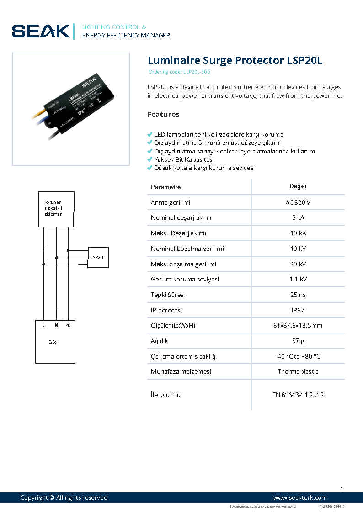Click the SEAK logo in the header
[x=41, y=31]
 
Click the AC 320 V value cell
[x=298, y=202]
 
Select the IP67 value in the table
[x=298, y=310]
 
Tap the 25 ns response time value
[x=298, y=295]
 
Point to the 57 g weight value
[x=298, y=341]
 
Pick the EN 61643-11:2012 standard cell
[x=298, y=395]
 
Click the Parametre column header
[x=165, y=187]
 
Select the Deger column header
[x=298, y=186]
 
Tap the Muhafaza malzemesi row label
[x=181, y=371]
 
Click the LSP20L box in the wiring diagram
[x=98, y=257]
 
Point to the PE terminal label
[x=68, y=325]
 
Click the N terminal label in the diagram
[x=56, y=325]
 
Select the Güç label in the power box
[x=53, y=342]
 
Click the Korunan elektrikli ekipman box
[x=56, y=209]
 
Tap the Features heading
[x=163, y=114]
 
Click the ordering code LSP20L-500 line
[x=179, y=72]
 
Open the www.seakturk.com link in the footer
[x=300, y=497]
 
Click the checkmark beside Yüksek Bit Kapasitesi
[x=149, y=159]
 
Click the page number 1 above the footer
[x=342, y=489]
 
